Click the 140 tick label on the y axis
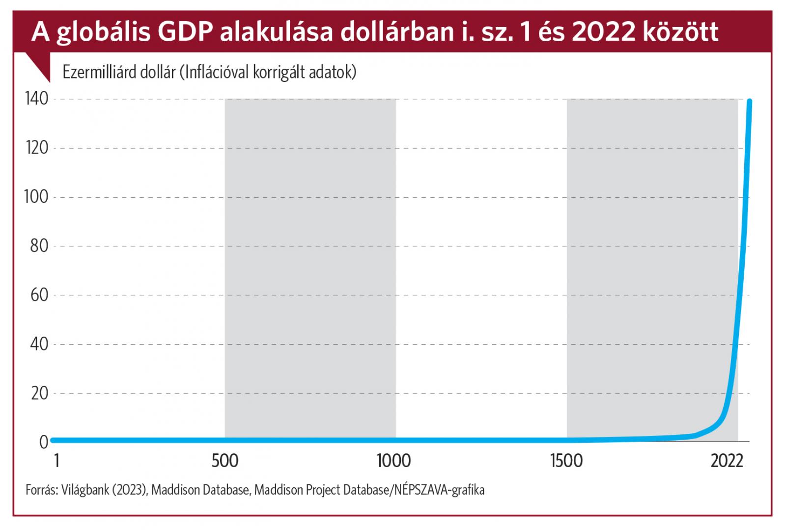point(37,99)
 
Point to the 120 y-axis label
point(37,148)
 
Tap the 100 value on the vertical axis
point(37,197)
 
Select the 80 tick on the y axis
point(39,246)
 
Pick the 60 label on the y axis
point(39,295)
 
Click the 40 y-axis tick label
point(39,344)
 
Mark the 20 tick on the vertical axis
point(39,393)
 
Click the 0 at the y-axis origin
point(44,442)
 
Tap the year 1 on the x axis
point(57,461)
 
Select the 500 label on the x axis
point(225,461)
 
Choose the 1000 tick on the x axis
point(394,461)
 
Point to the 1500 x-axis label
point(566,461)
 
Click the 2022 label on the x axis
point(727,461)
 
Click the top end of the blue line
point(749,102)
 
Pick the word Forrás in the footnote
point(42,490)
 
